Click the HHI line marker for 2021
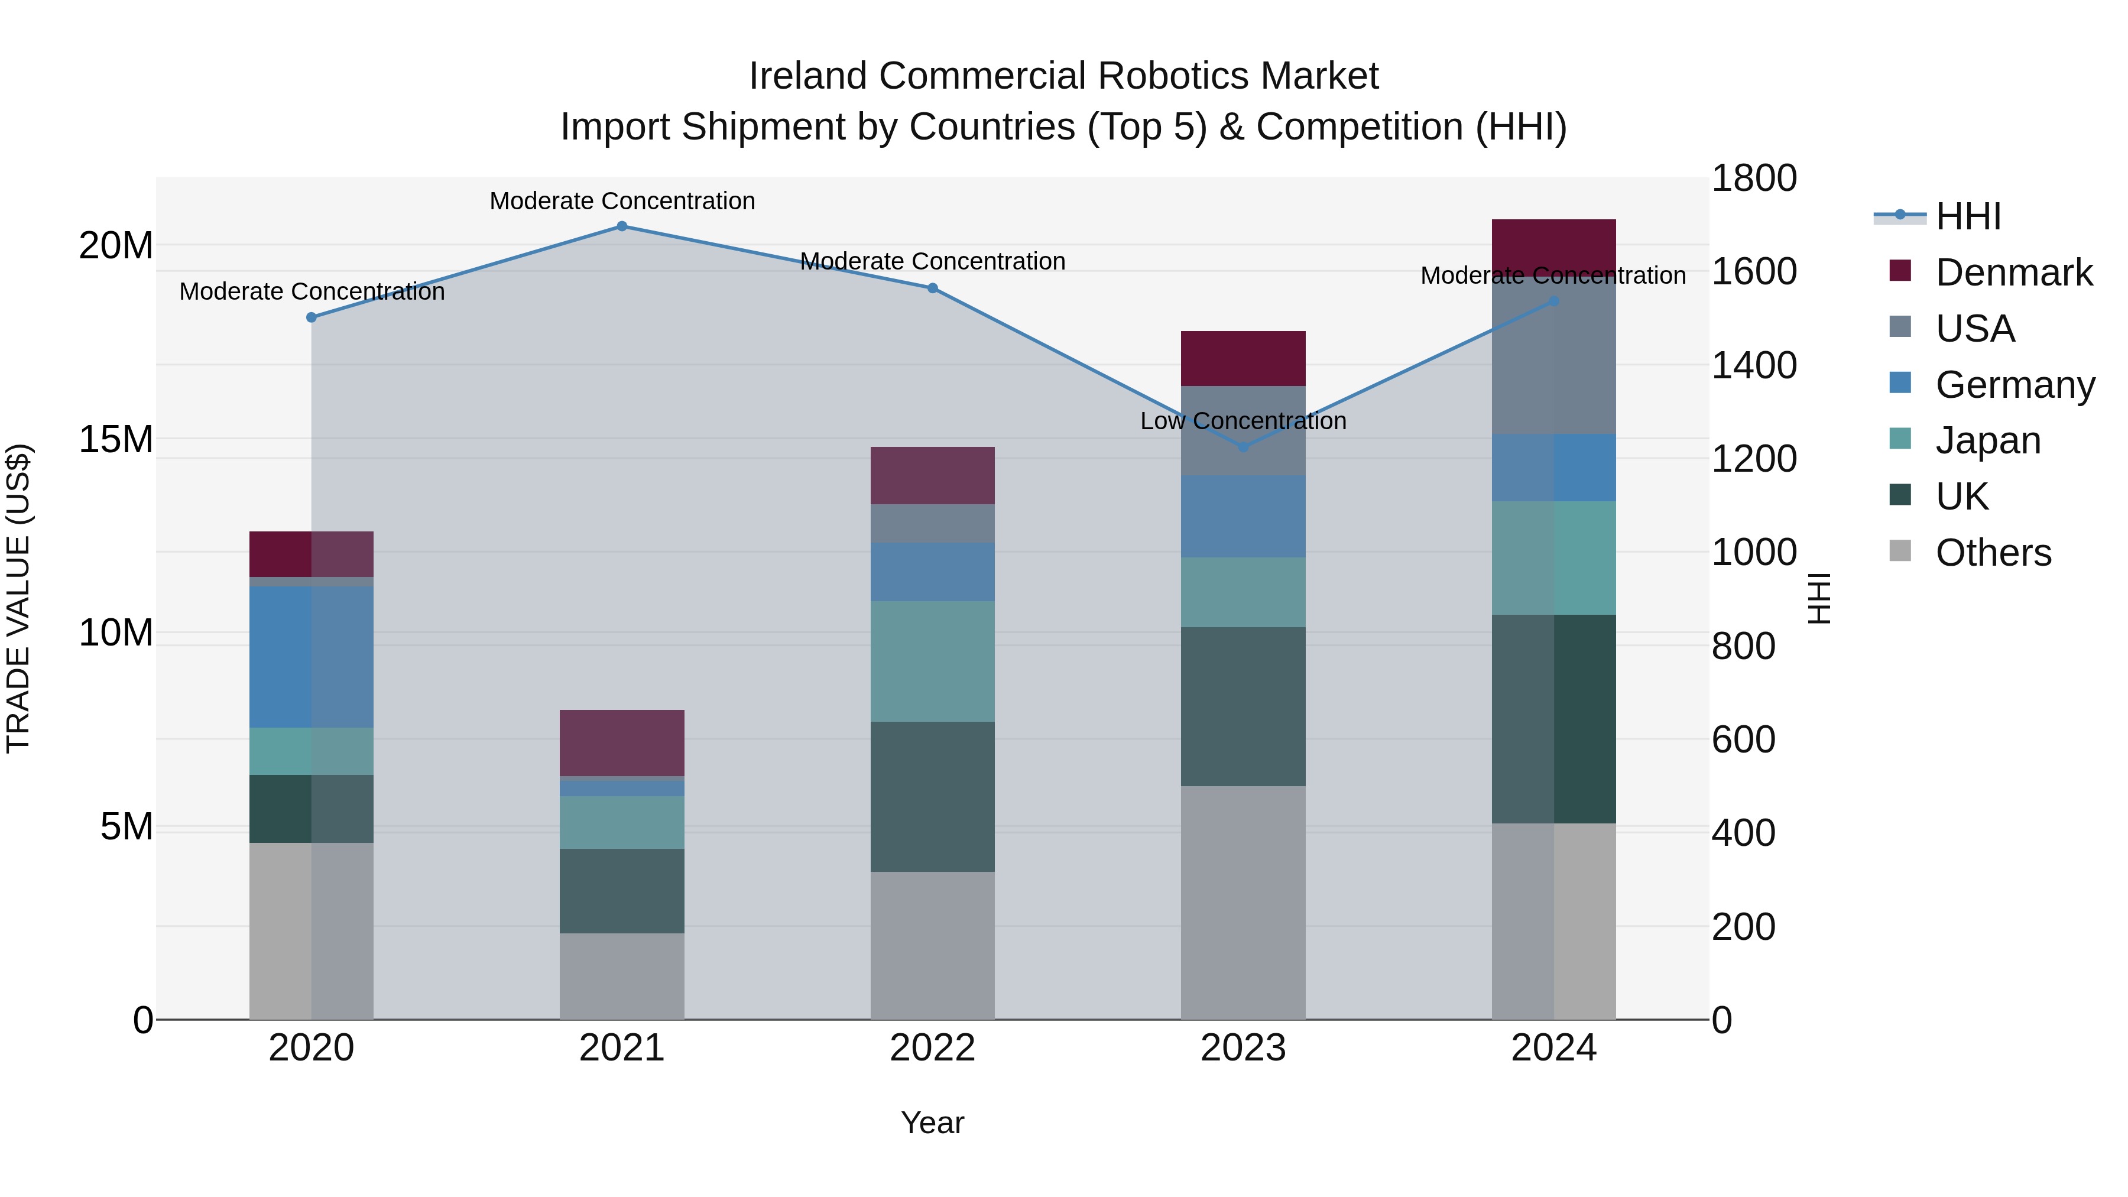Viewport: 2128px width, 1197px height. (x=622, y=226)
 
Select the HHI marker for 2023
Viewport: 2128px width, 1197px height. (x=1243, y=447)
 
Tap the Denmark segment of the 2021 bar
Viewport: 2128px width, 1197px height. (x=622, y=742)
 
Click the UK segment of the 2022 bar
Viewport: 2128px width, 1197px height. (x=933, y=796)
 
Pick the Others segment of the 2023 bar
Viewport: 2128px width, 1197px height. (x=1243, y=902)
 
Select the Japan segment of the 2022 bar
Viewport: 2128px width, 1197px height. (x=933, y=661)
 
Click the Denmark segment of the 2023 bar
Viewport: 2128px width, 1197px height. (x=1243, y=359)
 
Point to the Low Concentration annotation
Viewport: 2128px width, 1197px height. (x=1243, y=421)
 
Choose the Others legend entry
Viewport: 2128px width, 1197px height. (x=1993, y=553)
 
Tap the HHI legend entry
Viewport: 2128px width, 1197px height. (x=1968, y=216)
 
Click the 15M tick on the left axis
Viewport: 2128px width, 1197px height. (x=116, y=439)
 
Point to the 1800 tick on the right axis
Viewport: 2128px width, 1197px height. (x=1753, y=179)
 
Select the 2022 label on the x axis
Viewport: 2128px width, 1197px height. (x=933, y=1048)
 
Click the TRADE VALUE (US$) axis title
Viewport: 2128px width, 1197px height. (x=18, y=598)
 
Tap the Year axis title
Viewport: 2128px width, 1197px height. (x=933, y=1123)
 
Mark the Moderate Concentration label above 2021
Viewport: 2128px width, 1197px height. (x=622, y=201)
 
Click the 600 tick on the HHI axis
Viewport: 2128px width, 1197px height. (x=1743, y=739)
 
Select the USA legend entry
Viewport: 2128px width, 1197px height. (x=1974, y=329)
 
